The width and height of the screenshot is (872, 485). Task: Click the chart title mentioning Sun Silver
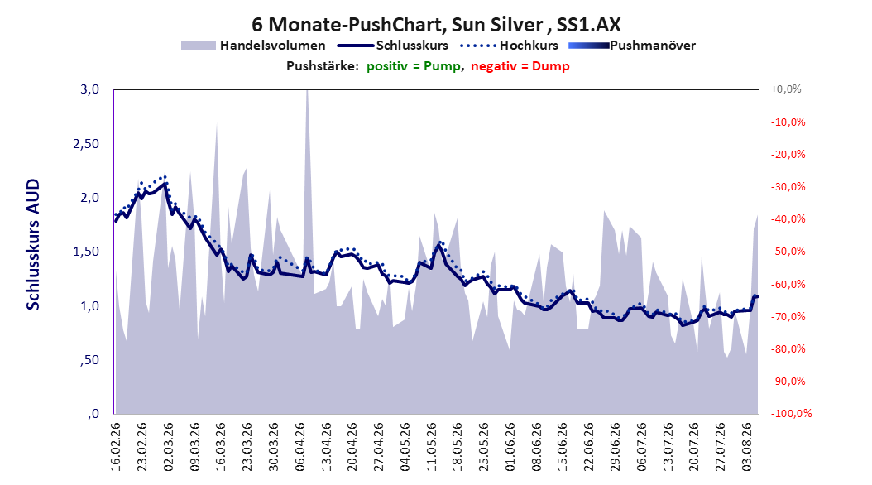click(x=436, y=25)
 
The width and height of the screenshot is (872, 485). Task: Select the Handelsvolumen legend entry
click(x=253, y=46)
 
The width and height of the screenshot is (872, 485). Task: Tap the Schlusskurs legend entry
click(x=393, y=46)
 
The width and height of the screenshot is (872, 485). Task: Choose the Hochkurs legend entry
click(x=509, y=46)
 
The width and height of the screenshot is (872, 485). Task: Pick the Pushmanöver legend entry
click(x=632, y=46)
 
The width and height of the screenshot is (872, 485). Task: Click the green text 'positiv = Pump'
click(x=414, y=66)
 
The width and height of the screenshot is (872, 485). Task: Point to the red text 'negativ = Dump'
click(x=520, y=66)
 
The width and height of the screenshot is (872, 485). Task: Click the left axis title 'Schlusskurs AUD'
click(x=33, y=244)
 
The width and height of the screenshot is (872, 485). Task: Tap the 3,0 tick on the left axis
click(x=89, y=89)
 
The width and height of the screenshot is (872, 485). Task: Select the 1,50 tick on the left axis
click(x=86, y=252)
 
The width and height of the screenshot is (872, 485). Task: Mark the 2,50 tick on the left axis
click(x=86, y=143)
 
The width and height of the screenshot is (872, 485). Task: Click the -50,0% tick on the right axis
click(x=788, y=252)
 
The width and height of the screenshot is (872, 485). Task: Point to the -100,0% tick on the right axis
click(x=791, y=413)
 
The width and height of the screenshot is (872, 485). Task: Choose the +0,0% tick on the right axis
click(x=786, y=89)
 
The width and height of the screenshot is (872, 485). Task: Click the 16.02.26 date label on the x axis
click(x=116, y=447)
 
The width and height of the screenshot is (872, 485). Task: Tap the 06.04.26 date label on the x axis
click(x=300, y=447)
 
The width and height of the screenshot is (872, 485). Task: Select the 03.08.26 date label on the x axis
click(x=747, y=447)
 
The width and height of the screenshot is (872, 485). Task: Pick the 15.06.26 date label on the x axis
click(x=563, y=447)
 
